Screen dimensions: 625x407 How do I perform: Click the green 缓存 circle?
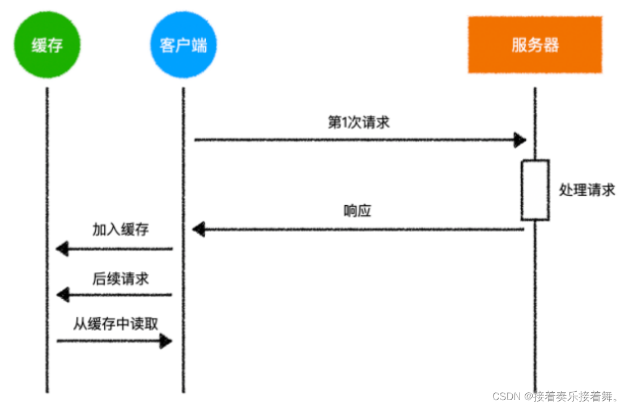(47, 45)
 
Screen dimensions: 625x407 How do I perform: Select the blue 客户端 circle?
(184, 45)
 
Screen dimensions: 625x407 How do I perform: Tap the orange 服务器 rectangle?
(535, 45)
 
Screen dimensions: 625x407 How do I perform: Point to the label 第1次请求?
(358, 122)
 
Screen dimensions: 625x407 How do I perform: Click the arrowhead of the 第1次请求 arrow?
(520, 140)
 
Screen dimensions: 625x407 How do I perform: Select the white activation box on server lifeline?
(535, 190)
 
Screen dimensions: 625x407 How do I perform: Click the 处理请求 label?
(586, 190)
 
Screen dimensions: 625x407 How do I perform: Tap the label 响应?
(358, 211)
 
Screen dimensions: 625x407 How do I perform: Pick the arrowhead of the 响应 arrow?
(198, 229)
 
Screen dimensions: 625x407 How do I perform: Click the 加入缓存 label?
(120, 230)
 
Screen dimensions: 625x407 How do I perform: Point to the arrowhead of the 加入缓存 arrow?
(62, 249)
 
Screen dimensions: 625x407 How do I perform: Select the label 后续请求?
(120, 278)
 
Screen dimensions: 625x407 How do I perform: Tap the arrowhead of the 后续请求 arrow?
(63, 295)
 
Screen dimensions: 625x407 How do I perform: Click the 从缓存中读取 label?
(116, 324)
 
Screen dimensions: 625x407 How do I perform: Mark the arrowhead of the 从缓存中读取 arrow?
(166, 341)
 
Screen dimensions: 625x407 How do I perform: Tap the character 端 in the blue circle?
(199, 45)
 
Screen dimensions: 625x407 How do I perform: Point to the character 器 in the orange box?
(551, 45)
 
